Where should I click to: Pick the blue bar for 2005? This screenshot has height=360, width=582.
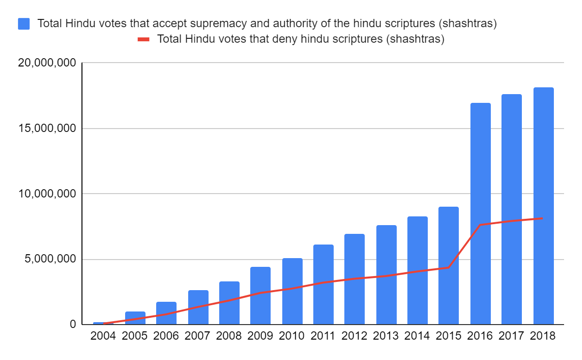tap(135, 318)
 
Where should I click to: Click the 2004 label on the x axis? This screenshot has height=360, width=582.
tap(103, 336)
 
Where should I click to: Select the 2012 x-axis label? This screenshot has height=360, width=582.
tap(355, 336)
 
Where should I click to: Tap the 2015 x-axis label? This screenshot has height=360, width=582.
tap(449, 336)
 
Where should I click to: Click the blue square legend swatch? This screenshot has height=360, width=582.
tap(24, 23)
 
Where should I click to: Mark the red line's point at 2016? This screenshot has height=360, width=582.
tap(480, 225)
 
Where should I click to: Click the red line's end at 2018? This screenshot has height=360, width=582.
tap(543, 218)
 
